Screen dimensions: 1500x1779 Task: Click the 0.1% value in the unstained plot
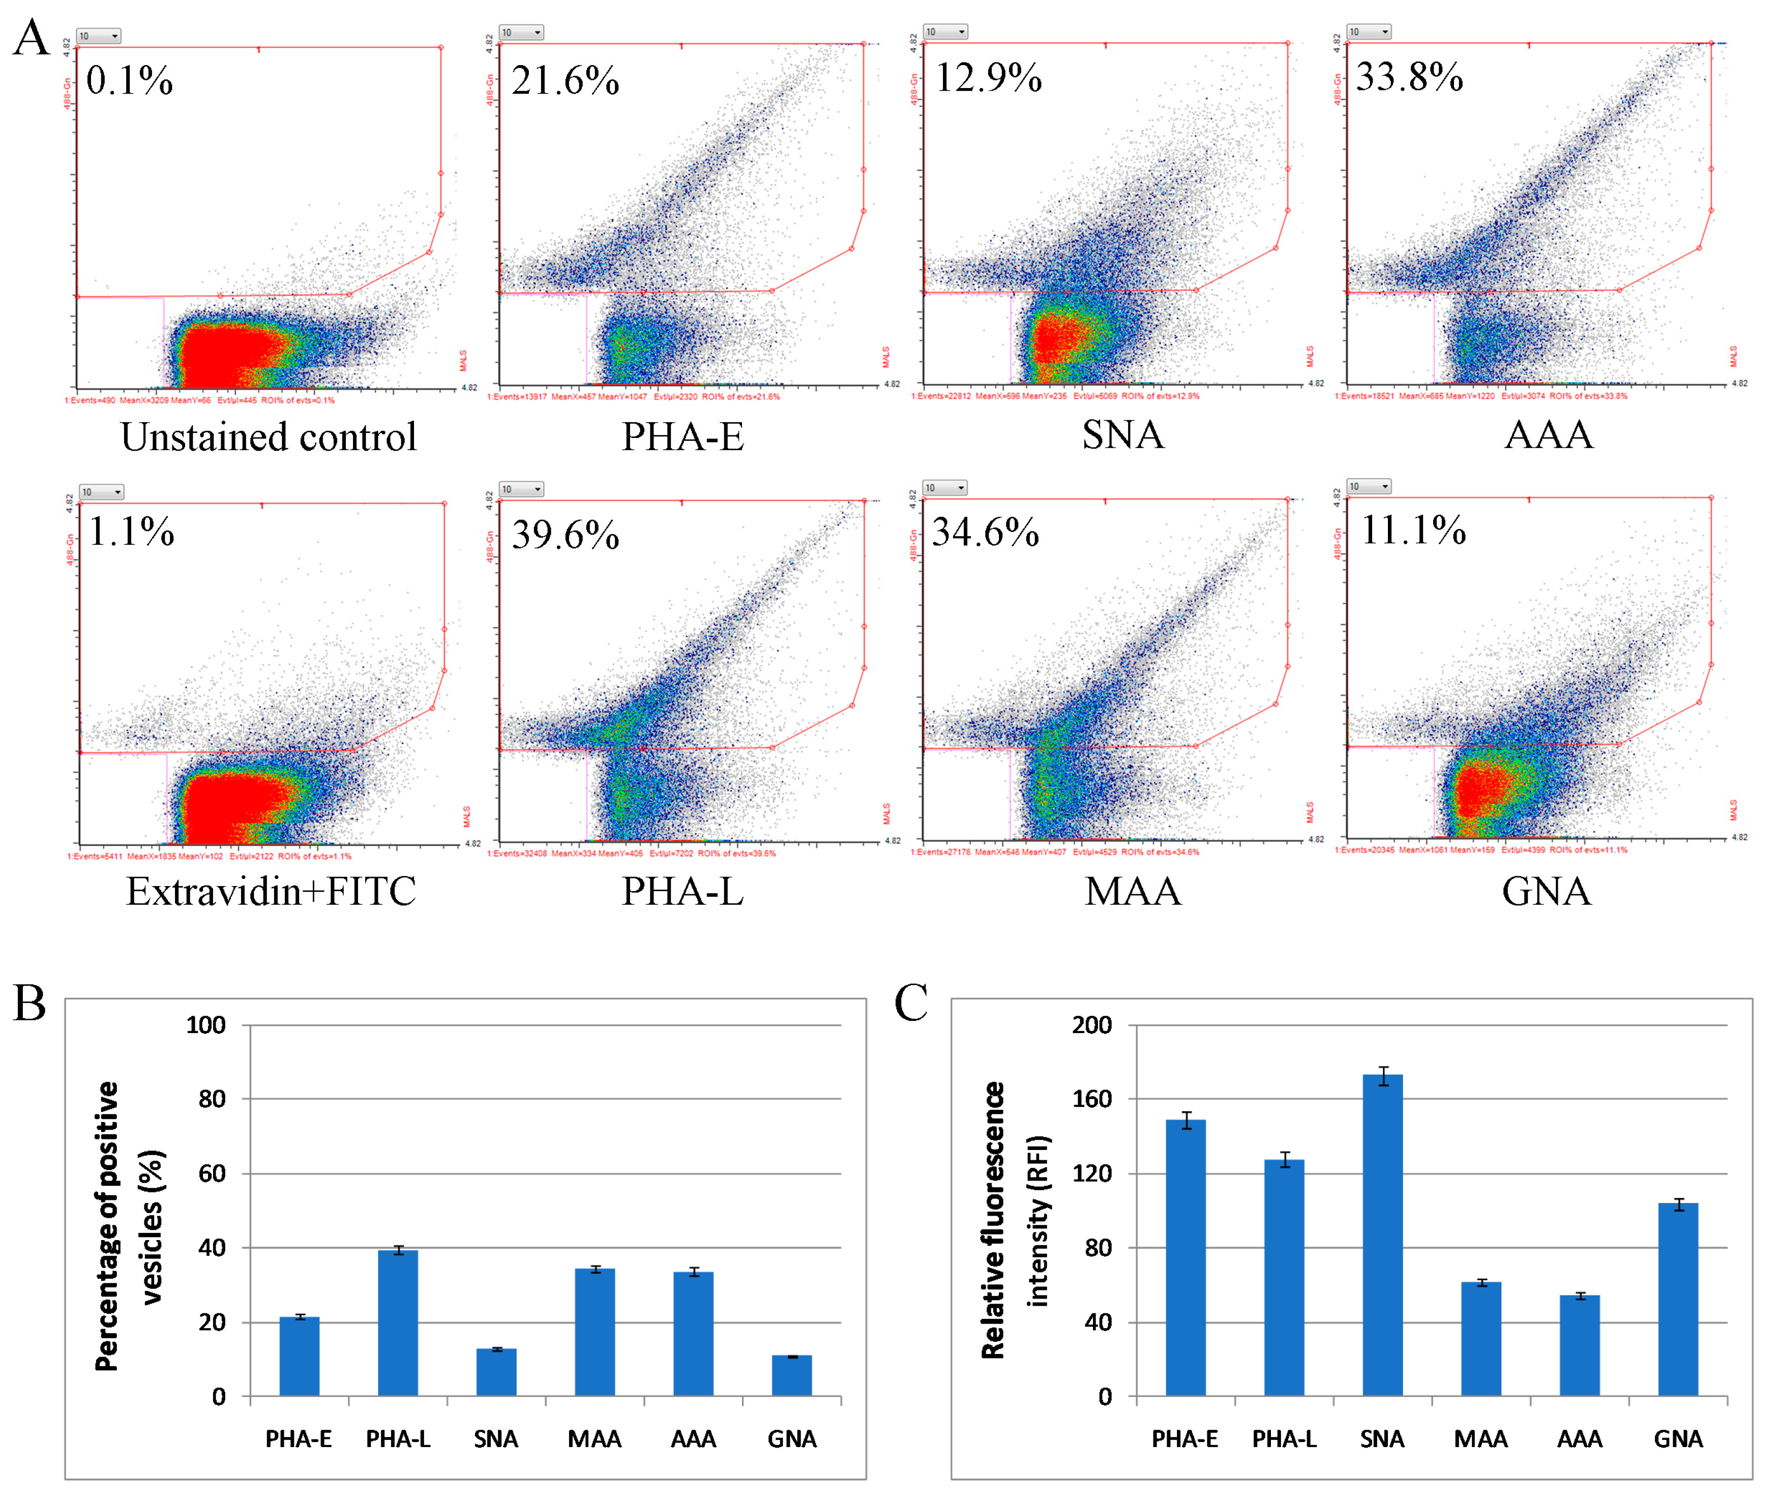tap(129, 81)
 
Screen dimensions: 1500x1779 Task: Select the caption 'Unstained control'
tap(269, 437)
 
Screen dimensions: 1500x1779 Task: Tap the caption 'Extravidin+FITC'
tap(271, 891)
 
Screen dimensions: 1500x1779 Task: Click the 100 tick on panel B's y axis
tap(206, 1024)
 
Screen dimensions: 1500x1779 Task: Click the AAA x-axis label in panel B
tap(693, 1439)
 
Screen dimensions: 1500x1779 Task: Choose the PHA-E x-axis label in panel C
tap(1184, 1439)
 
